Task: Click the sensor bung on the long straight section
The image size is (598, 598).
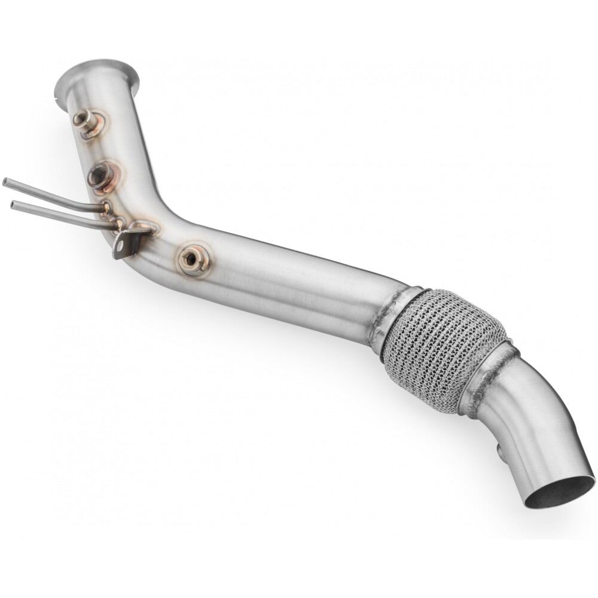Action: pyautogui.click(x=193, y=259)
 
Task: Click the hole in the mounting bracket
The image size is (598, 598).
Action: pyautogui.click(x=121, y=245)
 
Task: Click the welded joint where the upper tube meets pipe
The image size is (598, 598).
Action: pyautogui.click(x=106, y=208)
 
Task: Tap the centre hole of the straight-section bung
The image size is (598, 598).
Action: pyautogui.click(x=192, y=258)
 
